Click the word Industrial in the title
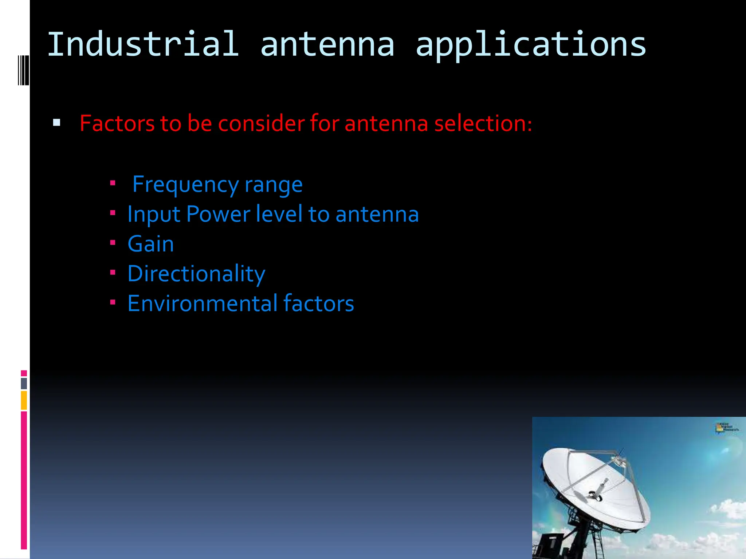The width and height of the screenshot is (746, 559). pos(143,44)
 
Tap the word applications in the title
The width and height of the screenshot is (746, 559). pos(531,44)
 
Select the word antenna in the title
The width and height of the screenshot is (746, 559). pos(327,44)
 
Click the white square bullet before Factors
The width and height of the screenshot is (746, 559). pos(56,122)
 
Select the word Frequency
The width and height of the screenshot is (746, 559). pos(185,185)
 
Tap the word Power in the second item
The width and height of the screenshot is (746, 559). pos(218,214)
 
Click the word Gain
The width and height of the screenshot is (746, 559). pos(150,244)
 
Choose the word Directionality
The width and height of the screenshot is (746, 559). pos(196,274)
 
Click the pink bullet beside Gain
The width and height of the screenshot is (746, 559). pos(113,242)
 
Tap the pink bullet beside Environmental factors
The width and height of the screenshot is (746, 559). pos(113,302)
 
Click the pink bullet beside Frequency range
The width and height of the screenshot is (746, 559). pos(113,183)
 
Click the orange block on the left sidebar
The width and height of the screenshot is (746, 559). pos(24,400)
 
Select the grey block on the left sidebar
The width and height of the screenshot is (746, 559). pos(24,383)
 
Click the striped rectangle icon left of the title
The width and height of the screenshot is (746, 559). pos(23,70)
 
